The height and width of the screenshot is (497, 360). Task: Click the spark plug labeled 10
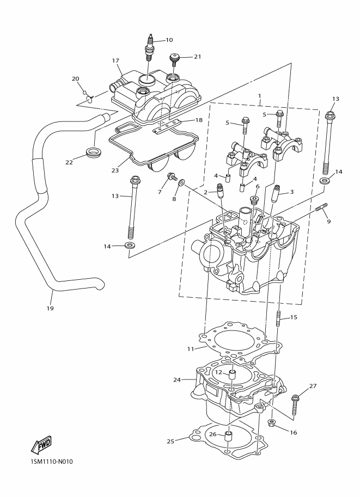pyautogui.click(x=149, y=48)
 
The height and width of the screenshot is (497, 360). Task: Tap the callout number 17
pyautogui.click(x=115, y=60)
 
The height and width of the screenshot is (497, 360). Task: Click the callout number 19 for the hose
pyautogui.click(x=50, y=309)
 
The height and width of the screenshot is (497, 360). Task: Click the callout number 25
pyautogui.click(x=170, y=441)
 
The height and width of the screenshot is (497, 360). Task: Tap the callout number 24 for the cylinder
pyautogui.click(x=177, y=379)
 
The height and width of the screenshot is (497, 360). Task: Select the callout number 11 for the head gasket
pyautogui.click(x=190, y=348)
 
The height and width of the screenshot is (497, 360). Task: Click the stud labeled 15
pyautogui.click(x=278, y=321)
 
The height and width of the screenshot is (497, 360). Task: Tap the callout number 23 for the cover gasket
pyautogui.click(x=115, y=170)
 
